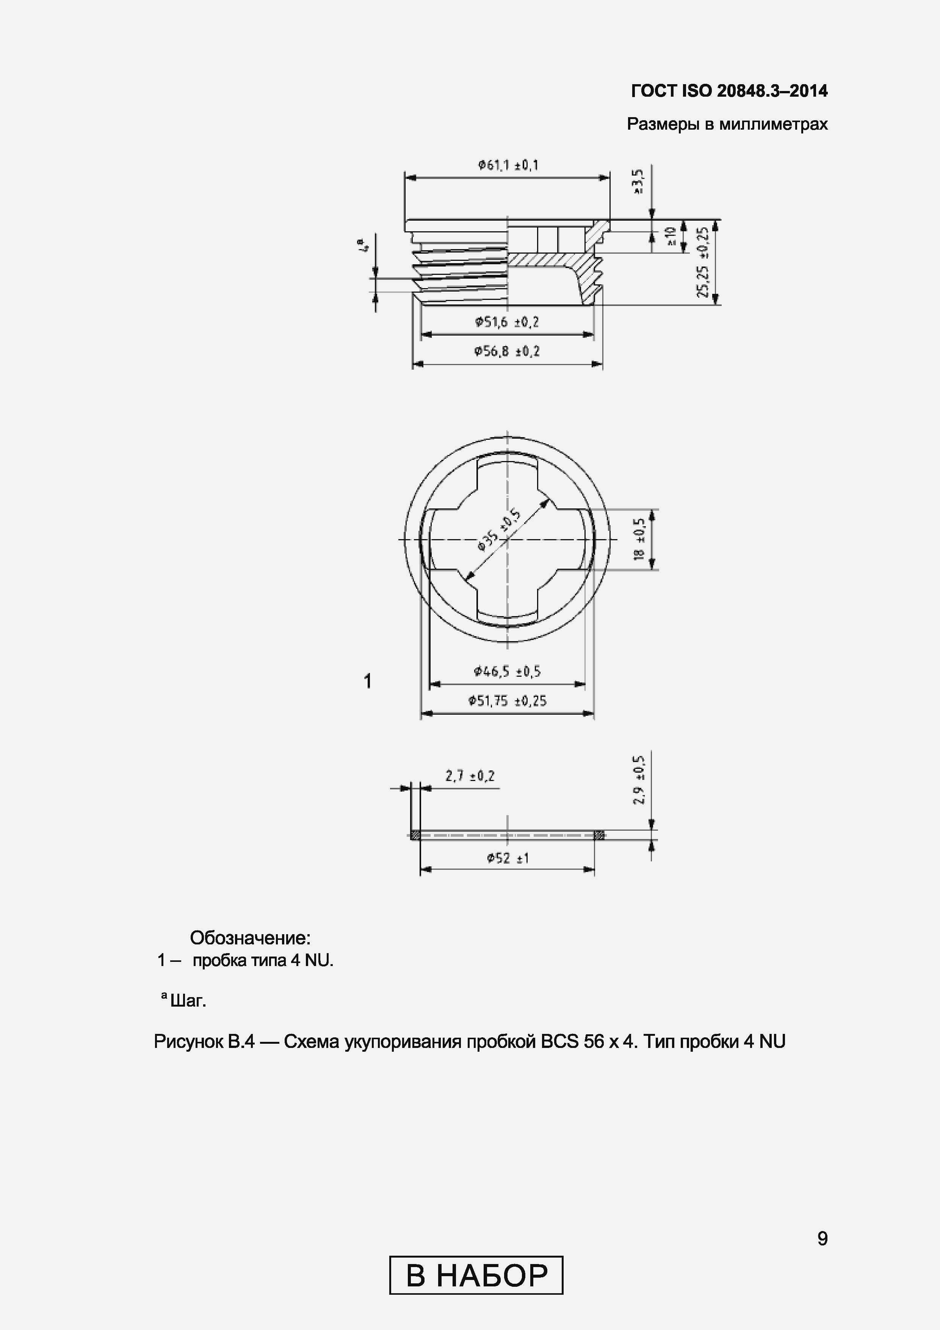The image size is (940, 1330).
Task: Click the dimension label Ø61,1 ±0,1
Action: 508,166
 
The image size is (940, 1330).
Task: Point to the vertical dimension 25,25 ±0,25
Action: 703,262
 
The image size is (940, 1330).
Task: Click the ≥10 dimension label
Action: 671,236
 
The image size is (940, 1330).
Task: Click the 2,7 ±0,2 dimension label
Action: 470,776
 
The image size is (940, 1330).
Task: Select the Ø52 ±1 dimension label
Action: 508,858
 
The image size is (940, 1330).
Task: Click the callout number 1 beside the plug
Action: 367,681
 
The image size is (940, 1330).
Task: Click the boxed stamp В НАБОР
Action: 476,1275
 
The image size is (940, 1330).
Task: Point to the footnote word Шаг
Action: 188,1001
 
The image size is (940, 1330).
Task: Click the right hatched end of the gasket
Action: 600,835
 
